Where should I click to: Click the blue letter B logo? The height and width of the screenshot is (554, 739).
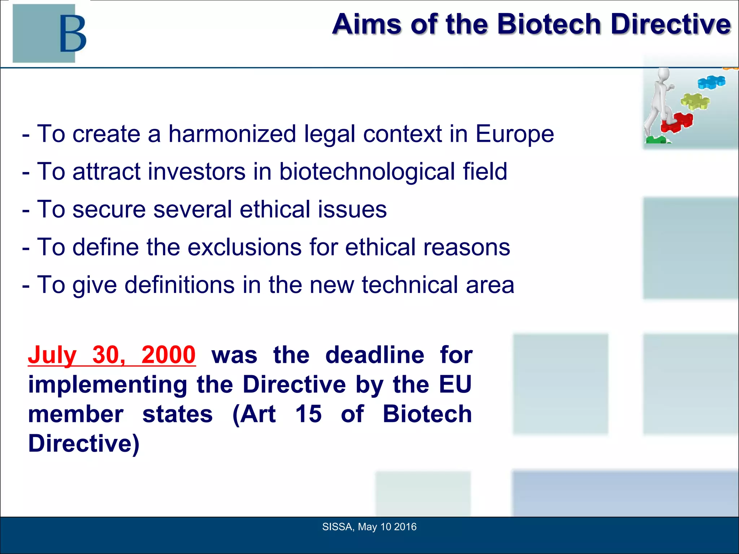tap(73, 34)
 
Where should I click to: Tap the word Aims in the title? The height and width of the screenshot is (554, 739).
tap(367, 24)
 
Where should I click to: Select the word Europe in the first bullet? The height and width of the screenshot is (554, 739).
tap(514, 134)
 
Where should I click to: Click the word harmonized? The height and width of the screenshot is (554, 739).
tap(232, 134)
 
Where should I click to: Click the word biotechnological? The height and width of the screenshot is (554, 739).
tap(367, 171)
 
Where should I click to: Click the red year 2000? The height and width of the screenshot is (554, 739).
tap(168, 355)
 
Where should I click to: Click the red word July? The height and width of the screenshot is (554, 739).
tap(52, 355)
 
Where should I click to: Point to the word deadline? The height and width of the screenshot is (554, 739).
tap(375, 355)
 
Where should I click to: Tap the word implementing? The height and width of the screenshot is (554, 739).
tap(108, 384)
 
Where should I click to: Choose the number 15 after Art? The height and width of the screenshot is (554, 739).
tap(308, 414)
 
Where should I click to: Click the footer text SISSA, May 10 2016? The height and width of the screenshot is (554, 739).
tap(369, 527)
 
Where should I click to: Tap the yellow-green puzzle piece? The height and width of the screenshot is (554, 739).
tap(695, 101)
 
